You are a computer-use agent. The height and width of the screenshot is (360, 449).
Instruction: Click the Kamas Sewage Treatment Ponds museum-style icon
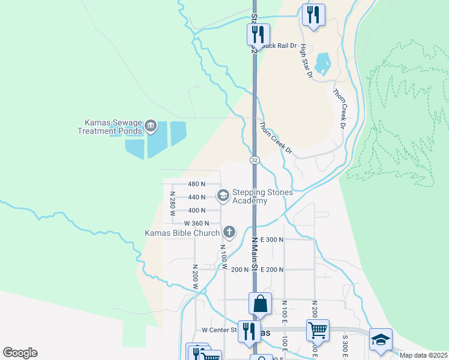[150, 127]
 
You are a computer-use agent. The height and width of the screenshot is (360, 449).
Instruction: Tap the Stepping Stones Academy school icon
[223, 195]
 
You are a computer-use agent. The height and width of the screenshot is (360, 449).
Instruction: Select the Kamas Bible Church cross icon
[229, 232]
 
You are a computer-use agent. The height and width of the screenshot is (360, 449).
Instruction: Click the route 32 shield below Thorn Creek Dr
[255, 160]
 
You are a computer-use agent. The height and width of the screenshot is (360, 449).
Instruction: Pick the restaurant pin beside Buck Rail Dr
[259, 34]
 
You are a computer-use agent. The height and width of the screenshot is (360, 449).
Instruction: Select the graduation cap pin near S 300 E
[381, 339]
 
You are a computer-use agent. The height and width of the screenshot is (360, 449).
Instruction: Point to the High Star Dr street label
[307, 61]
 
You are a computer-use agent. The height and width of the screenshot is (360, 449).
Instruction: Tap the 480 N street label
[196, 184]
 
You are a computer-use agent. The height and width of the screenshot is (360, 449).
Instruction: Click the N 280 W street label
[172, 203]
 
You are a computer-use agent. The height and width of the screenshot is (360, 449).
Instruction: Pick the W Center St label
[216, 330]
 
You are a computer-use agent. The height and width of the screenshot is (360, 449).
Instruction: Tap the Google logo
[20, 353]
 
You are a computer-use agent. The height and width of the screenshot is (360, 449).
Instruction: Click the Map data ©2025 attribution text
[423, 355]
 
